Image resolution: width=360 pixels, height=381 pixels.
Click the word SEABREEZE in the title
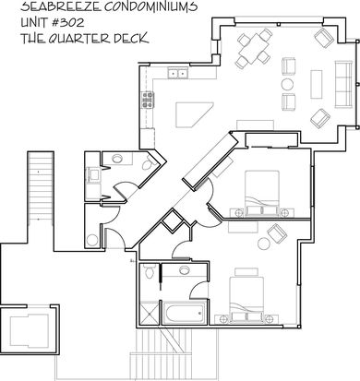click(x=61, y=6)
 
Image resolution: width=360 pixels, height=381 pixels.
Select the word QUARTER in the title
click(x=78, y=39)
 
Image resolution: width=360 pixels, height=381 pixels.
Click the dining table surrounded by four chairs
click(x=254, y=48)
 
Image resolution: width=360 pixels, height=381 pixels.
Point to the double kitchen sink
click(x=178, y=74)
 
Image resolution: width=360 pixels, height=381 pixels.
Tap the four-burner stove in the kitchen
click(x=148, y=100)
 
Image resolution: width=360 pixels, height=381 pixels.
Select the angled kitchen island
click(x=194, y=114)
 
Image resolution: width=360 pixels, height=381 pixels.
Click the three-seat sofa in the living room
click(x=343, y=84)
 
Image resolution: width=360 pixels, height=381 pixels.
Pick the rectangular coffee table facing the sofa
click(x=317, y=84)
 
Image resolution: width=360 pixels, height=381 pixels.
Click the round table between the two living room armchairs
click(x=287, y=84)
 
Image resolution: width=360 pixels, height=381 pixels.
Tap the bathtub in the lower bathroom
click(x=184, y=314)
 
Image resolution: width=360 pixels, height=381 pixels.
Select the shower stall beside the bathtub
click(x=150, y=313)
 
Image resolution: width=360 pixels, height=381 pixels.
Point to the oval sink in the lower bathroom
click(x=184, y=270)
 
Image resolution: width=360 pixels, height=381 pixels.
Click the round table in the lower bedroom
click(x=264, y=244)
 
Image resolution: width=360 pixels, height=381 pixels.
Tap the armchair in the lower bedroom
click(x=277, y=232)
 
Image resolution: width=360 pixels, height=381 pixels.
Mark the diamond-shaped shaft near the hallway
click(x=173, y=220)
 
